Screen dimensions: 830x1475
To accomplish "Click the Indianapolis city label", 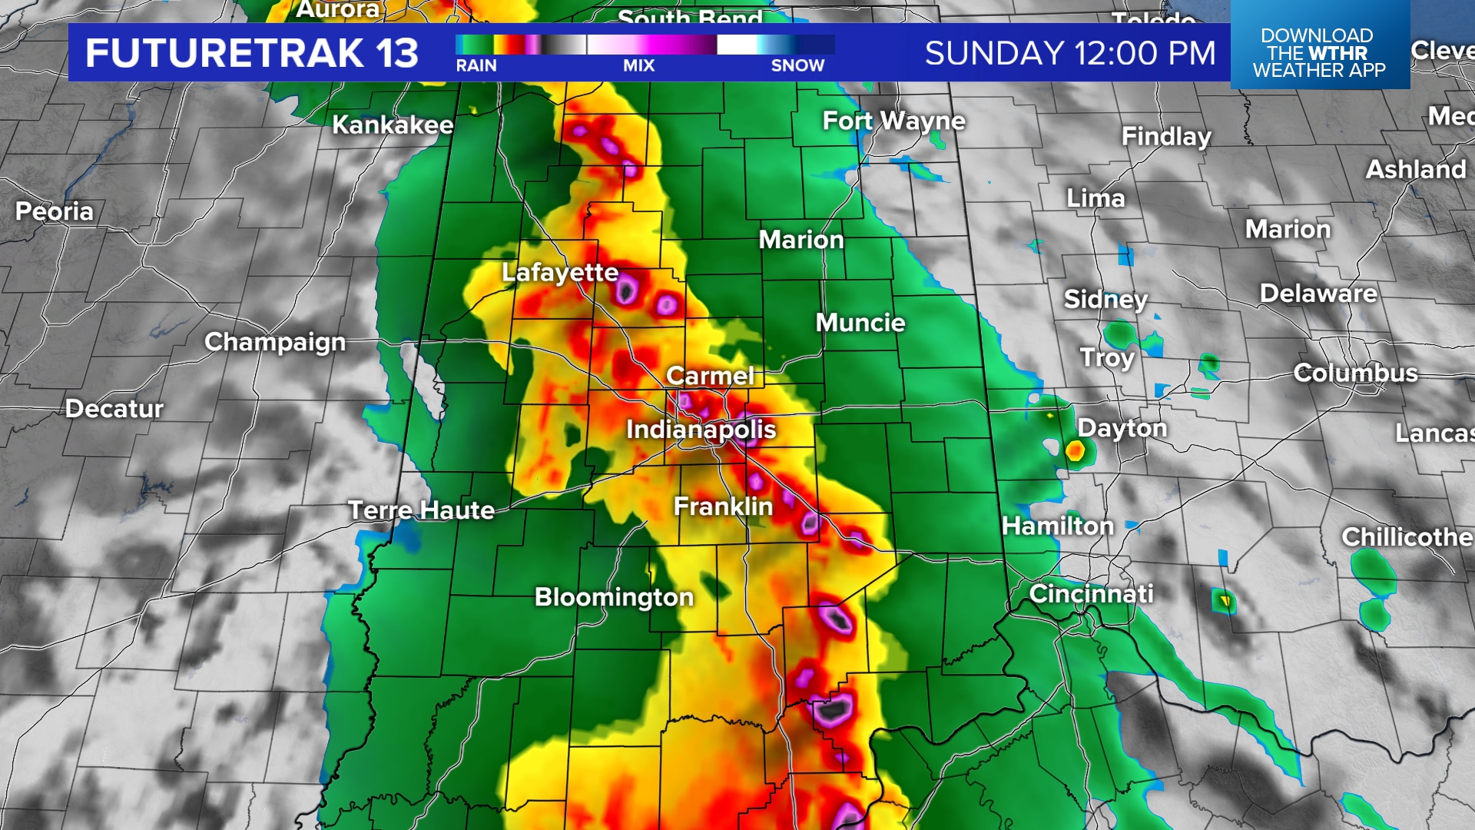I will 701,430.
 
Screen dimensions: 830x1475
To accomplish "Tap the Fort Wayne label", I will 893,121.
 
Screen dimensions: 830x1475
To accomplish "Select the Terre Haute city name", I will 421,510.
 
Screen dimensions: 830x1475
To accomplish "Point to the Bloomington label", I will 614,597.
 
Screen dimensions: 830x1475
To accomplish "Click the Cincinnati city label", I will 1091,594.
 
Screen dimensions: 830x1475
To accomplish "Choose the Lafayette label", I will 559,272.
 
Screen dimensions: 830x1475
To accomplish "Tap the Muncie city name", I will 860,323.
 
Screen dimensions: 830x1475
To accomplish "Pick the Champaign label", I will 275,342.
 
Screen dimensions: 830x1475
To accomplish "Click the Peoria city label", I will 55,211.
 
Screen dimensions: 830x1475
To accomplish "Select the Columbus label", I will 1355,373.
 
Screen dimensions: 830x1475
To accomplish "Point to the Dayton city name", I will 1122,428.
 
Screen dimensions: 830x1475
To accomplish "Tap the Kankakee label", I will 393,124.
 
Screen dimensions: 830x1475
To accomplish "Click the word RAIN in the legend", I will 476,66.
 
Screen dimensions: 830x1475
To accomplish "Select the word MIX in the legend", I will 639,66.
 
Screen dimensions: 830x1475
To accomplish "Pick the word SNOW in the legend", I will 797,66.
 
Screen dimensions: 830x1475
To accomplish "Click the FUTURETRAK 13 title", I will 252,53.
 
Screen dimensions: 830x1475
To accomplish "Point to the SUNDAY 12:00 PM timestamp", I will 1070,53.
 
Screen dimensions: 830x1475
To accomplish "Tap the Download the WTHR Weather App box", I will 1319,52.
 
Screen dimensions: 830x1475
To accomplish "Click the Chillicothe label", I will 1407,536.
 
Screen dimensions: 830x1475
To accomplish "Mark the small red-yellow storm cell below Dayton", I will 1076,451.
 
